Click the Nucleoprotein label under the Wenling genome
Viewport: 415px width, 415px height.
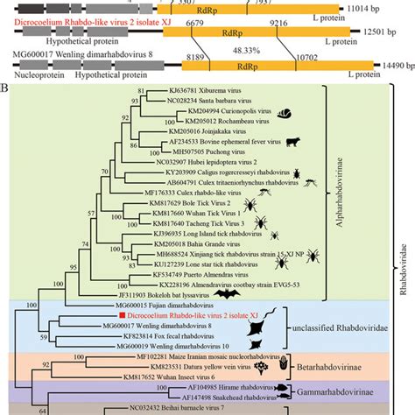click(31, 77)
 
